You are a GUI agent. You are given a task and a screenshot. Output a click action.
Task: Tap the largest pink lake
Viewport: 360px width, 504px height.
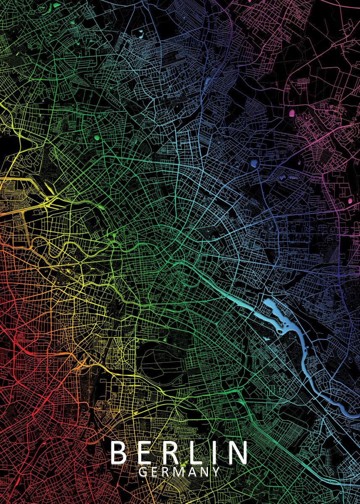[x=292, y=113]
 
